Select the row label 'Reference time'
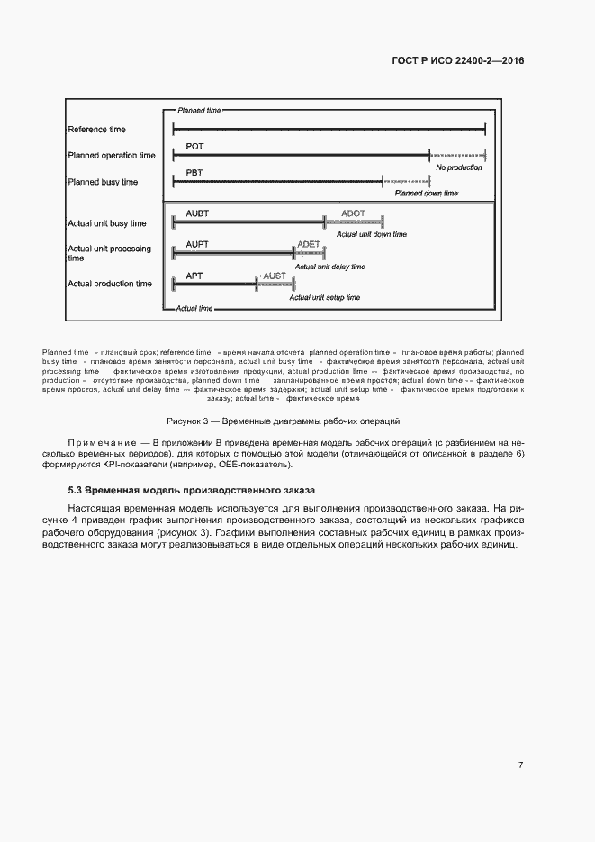click(97, 130)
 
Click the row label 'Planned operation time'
click(112, 156)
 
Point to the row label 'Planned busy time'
click(103, 182)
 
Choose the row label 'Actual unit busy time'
click(107, 223)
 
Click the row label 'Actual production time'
click(110, 284)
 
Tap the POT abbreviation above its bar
click(194, 146)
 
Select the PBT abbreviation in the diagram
click(194, 172)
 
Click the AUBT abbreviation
click(197, 213)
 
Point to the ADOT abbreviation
click(354, 213)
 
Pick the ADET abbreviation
click(308, 244)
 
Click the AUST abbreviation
click(274, 276)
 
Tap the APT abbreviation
click(194, 276)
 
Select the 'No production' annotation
click(459, 167)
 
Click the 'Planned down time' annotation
click(427, 194)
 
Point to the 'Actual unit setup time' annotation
click(324, 297)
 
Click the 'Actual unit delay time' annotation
click(329, 267)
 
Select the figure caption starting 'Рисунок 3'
click(284, 421)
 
